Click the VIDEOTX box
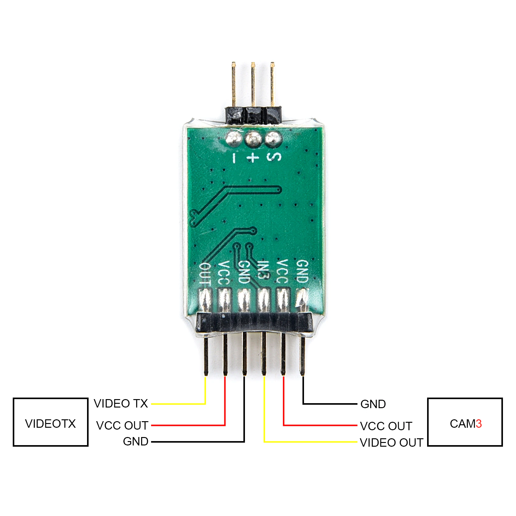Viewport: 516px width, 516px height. point(50,422)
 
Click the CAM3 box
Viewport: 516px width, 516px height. point(465,422)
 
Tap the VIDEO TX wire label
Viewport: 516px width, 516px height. point(121,403)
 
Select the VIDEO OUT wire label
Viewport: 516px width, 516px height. point(391,443)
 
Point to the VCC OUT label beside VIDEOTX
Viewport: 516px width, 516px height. point(122,425)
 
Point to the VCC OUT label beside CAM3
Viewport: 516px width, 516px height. point(386,426)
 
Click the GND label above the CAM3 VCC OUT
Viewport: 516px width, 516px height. point(373,404)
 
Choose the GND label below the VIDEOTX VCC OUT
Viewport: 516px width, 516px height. point(136,441)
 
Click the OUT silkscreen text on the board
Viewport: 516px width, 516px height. point(205,274)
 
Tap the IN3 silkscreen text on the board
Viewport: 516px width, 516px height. point(263,270)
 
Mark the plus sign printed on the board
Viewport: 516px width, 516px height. point(253,157)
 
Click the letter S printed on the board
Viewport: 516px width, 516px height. point(274,157)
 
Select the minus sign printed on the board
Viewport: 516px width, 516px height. point(234,158)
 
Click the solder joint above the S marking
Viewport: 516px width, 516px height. point(273,139)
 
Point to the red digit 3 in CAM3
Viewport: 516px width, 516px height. point(479,424)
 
